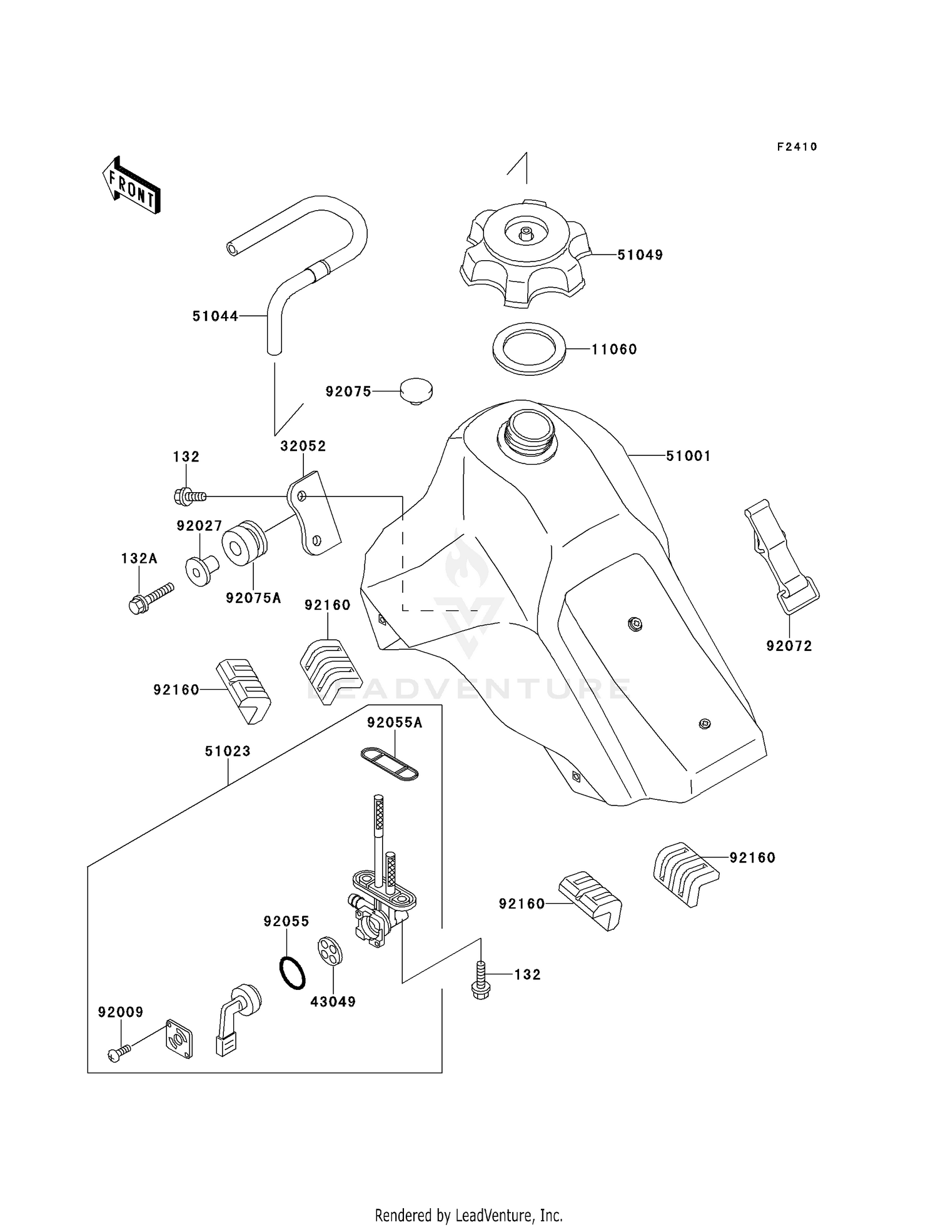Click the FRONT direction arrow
click(x=131, y=186)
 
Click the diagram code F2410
click(x=797, y=147)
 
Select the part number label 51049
click(x=640, y=255)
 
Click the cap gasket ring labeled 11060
click(x=529, y=348)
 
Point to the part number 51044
click(x=215, y=316)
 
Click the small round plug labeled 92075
click(x=416, y=391)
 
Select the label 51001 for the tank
click(x=688, y=457)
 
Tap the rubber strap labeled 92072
click(x=782, y=557)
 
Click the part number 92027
click(x=199, y=526)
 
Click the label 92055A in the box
click(x=394, y=723)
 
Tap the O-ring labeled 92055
click(x=292, y=972)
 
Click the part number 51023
click(x=228, y=751)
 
